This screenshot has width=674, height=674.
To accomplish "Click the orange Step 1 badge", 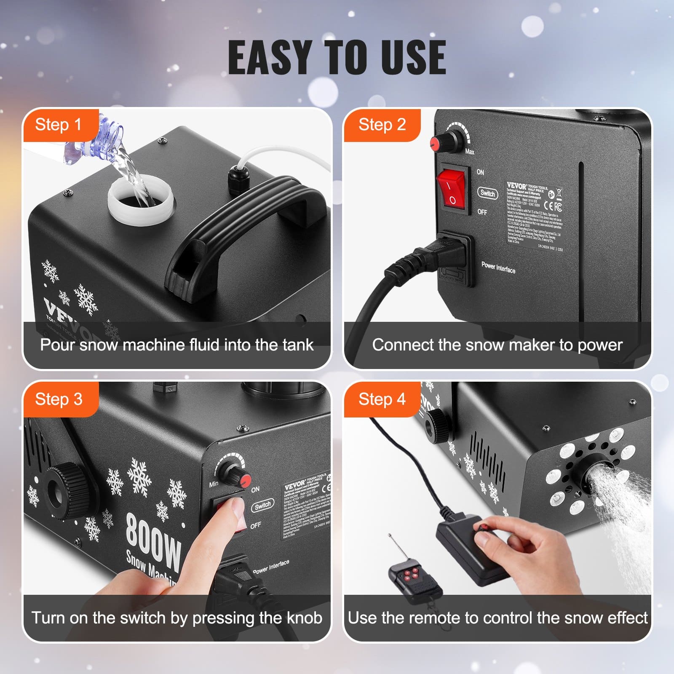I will coord(59,125).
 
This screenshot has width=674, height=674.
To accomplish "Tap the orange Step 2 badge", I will coord(382,125).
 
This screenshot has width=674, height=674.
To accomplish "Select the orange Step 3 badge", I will coord(59,399).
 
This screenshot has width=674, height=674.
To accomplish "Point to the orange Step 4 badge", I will coord(382,399).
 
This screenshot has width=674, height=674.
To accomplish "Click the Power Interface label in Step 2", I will coord(498,267).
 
